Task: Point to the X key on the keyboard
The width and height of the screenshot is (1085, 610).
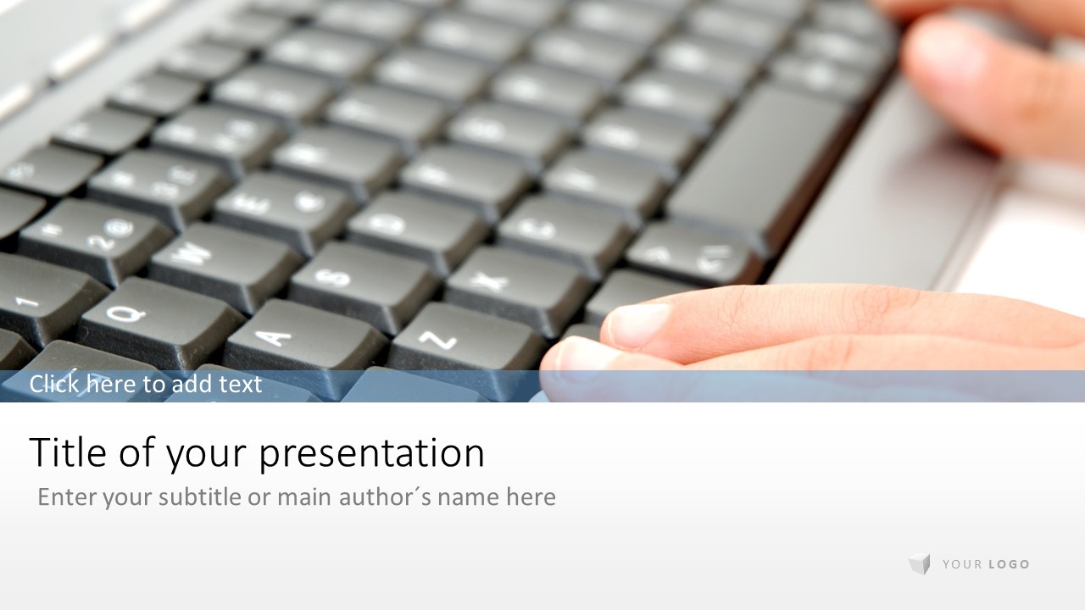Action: (518, 288)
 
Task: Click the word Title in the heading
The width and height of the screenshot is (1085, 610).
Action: (68, 452)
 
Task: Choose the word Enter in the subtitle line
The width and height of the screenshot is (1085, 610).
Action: (67, 497)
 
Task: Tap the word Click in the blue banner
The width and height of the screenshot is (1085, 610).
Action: (54, 384)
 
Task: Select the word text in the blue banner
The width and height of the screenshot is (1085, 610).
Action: (240, 385)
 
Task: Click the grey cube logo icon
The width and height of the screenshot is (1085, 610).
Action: (920, 564)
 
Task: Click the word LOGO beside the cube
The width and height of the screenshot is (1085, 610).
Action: (1009, 564)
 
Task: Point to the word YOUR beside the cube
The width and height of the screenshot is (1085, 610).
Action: (962, 564)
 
